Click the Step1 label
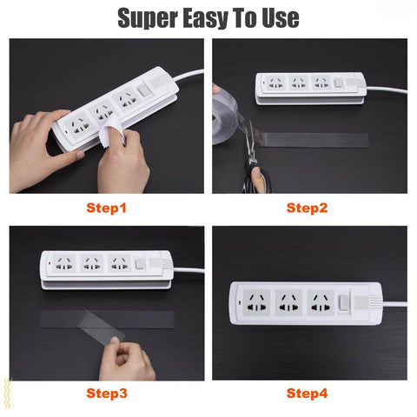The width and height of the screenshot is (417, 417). (x=106, y=208)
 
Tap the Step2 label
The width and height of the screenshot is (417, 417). (x=307, y=208)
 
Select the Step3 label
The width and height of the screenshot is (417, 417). (x=107, y=394)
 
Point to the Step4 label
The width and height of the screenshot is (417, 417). (x=307, y=394)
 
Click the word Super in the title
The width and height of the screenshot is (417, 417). (x=148, y=18)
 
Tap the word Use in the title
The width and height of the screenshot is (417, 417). (x=281, y=18)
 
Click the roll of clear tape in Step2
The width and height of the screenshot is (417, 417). (x=225, y=119)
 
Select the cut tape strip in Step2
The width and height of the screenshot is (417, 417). (x=313, y=141)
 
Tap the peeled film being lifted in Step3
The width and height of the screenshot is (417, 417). (x=102, y=326)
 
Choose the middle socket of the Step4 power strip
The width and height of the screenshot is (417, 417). (x=288, y=302)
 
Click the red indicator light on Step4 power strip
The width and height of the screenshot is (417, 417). (x=240, y=303)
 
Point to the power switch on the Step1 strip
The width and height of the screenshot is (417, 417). (x=143, y=90)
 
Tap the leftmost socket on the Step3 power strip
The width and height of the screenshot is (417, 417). (x=63, y=263)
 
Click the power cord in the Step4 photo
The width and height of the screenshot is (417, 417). (x=395, y=304)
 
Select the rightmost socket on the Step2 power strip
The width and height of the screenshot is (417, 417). (x=321, y=83)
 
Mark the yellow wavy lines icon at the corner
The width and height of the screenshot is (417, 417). (x=8, y=394)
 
